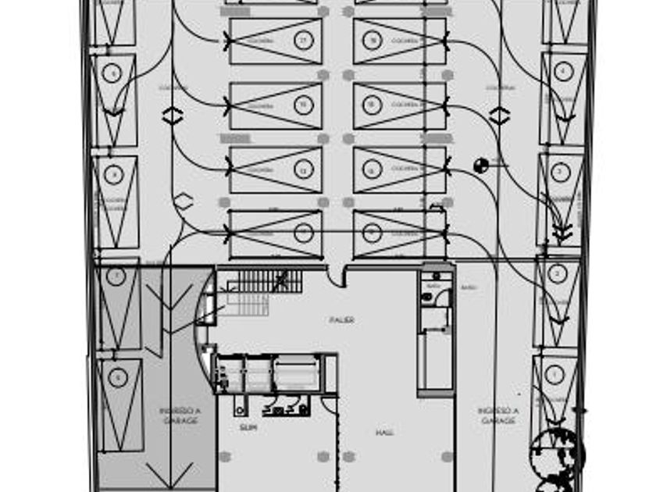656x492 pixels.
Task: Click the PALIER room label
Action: tap(341, 320)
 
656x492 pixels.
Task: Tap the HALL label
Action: tap(383, 433)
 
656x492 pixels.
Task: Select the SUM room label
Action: tap(248, 428)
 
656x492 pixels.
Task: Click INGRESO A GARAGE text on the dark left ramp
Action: tap(180, 415)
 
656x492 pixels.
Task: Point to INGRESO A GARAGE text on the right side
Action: tap(498, 415)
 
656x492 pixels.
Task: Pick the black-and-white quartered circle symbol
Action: tap(481, 165)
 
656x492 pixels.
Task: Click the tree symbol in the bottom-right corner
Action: tap(557, 457)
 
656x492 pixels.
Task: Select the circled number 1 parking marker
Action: tap(554, 375)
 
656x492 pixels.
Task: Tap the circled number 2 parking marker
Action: tap(556, 274)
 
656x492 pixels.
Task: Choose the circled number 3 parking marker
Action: tap(560, 172)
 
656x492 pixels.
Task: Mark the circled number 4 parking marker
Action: tap(563, 71)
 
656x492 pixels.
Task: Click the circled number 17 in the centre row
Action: tap(304, 40)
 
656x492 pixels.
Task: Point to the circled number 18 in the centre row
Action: tap(373, 40)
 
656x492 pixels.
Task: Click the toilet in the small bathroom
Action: tap(426, 297)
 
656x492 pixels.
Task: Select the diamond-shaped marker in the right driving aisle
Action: tap(500, 116)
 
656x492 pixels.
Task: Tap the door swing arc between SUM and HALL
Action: tap(330, 405)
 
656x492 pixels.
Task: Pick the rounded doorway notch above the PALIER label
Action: tap(337, 276)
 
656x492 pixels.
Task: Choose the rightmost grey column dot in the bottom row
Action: tap(447, 457)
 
